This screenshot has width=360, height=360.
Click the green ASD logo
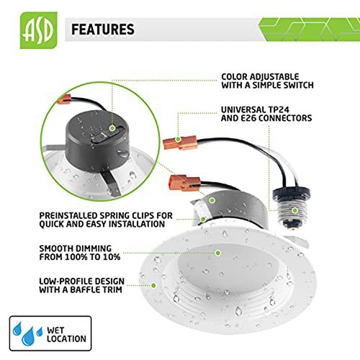[x=39, y=30]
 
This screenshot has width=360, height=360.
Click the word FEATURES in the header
[x=103, y=30]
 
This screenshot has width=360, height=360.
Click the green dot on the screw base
[x=295, y=210]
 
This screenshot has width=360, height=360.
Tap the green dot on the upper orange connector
[x=178, y=139]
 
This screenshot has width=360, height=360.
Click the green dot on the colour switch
[x=112, y=128]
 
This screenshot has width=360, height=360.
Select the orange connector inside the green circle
[x=64, y=99]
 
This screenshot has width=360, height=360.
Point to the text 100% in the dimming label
[x=76, y=257]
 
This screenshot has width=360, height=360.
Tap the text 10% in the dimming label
[x=112, y=257]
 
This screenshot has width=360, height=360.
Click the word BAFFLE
[x=84, y=289]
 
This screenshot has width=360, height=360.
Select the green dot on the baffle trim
[x=153, y=285]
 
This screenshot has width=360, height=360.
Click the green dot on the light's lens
[x=218, y=253]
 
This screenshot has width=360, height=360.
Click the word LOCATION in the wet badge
[x=66, y=338]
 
